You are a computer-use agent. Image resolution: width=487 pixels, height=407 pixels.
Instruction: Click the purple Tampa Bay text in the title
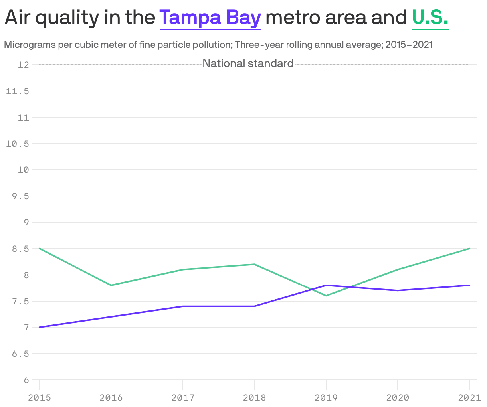[x=210, y=18]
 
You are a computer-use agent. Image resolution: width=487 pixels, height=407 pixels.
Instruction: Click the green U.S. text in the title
[x=430, y=18]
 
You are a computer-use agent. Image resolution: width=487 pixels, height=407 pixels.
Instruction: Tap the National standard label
[x=248, y=63]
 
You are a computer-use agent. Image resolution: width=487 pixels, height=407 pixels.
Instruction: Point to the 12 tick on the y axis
[x=24, y=65]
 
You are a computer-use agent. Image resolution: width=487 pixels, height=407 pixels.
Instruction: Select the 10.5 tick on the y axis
[x=18, y=144]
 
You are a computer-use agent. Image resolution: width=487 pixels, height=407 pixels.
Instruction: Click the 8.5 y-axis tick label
[x=20, y=249]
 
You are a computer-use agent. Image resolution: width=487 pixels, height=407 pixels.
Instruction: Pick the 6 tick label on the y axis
[x=26, y=380]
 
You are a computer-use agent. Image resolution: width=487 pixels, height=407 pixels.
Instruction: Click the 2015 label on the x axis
[x=39, y=397]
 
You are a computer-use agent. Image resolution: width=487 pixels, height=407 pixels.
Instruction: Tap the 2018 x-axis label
[x=254, y=397]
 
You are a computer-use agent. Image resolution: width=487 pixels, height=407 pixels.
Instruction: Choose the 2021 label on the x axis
[x=469, y=397]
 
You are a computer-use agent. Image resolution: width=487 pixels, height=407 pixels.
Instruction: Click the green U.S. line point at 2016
[x=111, y=285]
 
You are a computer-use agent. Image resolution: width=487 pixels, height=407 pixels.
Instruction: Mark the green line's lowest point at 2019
[x=326, y=296]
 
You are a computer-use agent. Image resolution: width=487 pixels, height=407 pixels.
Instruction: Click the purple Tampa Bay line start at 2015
[x=40, y=327]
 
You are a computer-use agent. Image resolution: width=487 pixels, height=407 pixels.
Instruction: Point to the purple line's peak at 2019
[x=326, y=285]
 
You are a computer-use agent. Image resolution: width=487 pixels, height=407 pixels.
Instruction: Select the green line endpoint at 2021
[x=469, y=249]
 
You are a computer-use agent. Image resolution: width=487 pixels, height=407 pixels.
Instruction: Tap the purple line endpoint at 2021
[x=469, y=285]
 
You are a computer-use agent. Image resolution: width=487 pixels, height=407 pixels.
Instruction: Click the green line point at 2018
[x=254, y=264]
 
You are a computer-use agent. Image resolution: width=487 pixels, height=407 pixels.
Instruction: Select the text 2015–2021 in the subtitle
[x=409, y=45]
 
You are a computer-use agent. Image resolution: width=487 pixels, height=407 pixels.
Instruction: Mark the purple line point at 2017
[x=183, y=306]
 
